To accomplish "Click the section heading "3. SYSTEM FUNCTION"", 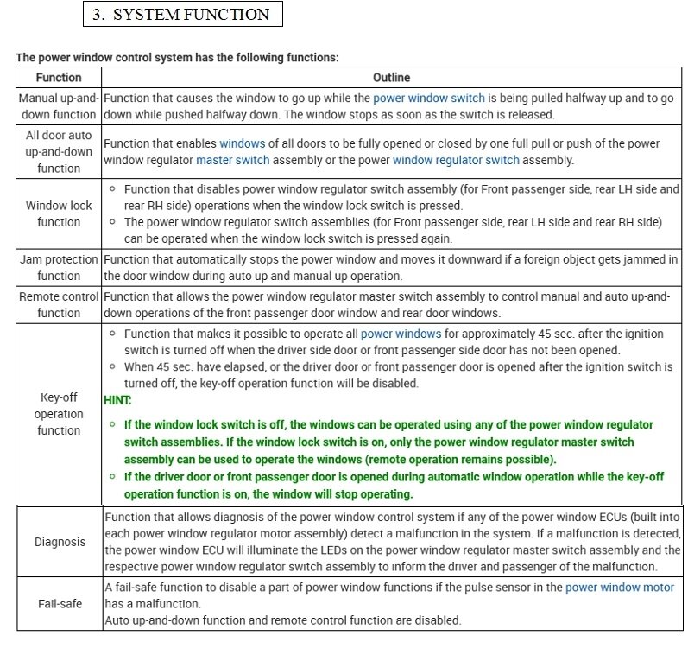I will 183,14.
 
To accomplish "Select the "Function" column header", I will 59,77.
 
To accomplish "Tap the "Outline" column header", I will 391,77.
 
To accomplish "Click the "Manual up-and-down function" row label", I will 59,106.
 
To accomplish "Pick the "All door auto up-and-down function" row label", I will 59,151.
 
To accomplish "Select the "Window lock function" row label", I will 59,213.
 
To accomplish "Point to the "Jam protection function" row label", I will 59,267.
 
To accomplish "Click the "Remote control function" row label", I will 59,304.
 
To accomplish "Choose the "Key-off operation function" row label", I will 59,414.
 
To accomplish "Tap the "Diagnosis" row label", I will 60,542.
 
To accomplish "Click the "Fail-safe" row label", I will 60,603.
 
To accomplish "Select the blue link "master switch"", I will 232,160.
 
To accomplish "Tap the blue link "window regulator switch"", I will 456,160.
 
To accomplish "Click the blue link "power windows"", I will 401,334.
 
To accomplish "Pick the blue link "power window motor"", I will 620,588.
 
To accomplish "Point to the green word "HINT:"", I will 117,401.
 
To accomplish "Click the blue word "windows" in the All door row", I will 242,143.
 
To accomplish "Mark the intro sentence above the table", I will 177,57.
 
